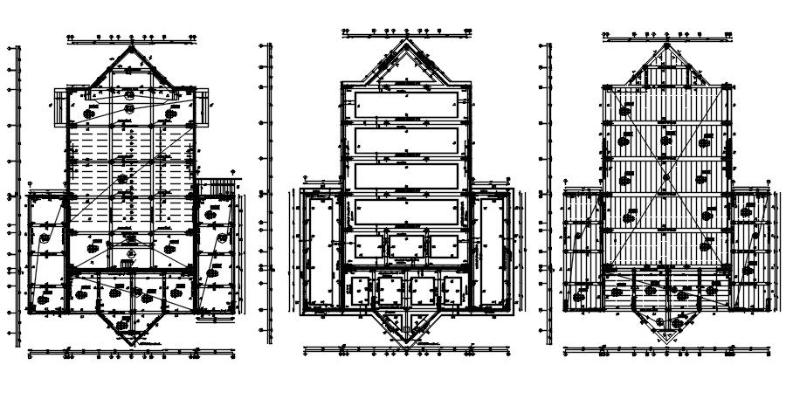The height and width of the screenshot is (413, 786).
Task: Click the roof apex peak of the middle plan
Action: point(405,39)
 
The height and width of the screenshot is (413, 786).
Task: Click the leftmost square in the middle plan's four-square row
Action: point(361,290)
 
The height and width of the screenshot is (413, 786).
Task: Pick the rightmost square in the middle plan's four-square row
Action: point(452,290)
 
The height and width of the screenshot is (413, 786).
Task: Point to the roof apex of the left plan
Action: point(131,46)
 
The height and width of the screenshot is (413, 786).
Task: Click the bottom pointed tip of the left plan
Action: point(131,341)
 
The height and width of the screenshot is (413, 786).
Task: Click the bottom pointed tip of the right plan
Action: point(667,341)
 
